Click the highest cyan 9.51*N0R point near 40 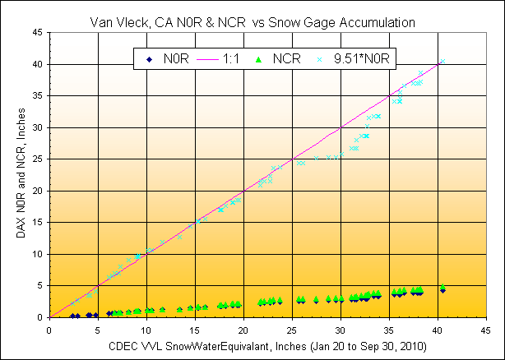point(442,62)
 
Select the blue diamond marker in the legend point(147,58)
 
